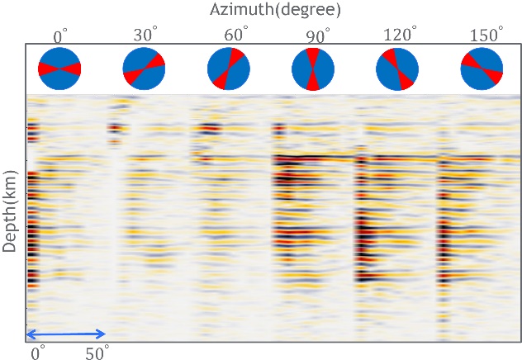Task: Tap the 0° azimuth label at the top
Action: click(x=60, y=36)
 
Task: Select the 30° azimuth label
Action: click(x=145, y=36)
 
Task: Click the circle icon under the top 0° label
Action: click(x=59, y=69)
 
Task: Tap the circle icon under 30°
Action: click(x=144, y=69)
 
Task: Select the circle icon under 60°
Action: click(x=229, y=69)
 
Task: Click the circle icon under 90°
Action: click(x=313, y=69)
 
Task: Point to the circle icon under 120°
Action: click(x=397, y=69)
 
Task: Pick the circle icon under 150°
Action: click(x=482, y=69)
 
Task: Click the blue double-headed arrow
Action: click(x=66, y=334)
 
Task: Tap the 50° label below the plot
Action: click(x=97, y=353)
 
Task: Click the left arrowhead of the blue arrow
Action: click(x=30, y=334)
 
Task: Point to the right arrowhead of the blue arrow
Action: click(x=102, y=334)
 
